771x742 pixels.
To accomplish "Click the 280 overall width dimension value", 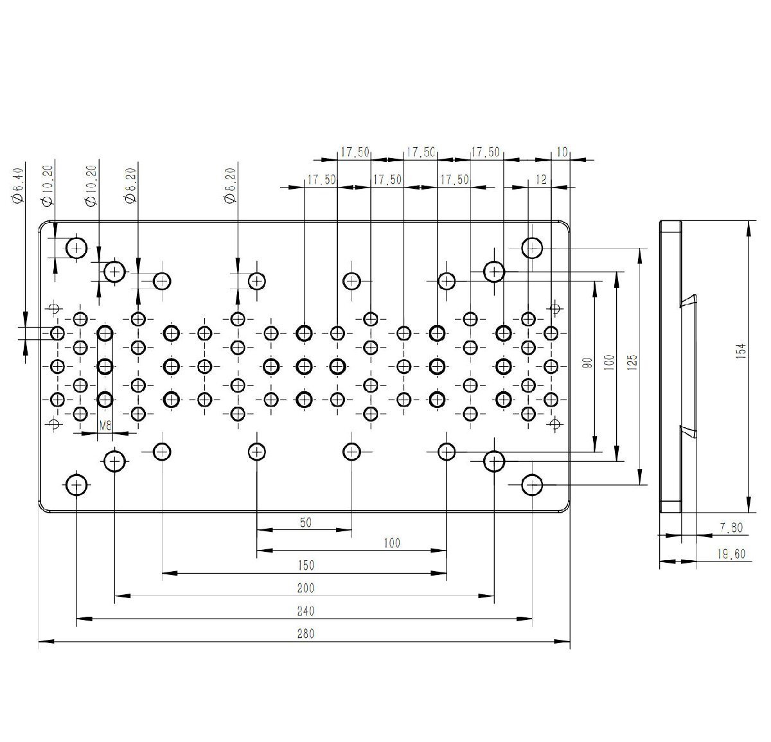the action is pos(305,633).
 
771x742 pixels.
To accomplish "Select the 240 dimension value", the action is pos(305,611).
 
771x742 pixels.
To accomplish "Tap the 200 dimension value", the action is pos(305,588).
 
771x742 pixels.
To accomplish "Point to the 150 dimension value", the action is pos(305,565).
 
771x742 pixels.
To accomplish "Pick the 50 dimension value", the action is pos(305,522).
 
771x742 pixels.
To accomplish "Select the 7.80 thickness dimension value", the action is pos(731,527).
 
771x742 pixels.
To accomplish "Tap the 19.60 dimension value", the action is pos(731,554).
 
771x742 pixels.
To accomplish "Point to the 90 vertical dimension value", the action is pos(589,363).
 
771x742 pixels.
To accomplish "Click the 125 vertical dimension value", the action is pos(632,362).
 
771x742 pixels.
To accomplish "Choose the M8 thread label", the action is pos(105,426).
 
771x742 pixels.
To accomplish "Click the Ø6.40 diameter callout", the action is pos(18,186).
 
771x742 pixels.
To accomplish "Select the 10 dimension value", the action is pos(562,152).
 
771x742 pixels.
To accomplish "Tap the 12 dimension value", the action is pos(541,179).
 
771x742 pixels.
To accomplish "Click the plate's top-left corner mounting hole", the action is pos(76,249).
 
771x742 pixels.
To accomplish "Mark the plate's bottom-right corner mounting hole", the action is pos(532,484).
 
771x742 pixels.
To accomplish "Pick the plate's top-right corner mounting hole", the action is pos(532,248).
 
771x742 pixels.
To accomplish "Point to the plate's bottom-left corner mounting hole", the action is pos(76,485).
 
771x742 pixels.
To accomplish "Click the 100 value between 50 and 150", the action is pos(392,543).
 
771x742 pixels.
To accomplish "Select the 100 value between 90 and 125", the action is pos(610,362).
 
